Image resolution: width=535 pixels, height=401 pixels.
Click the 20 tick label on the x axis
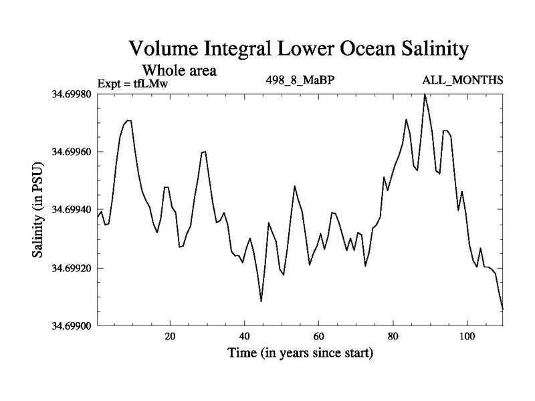click(170, 336)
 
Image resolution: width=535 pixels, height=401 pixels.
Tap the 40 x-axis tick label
click(244, 336)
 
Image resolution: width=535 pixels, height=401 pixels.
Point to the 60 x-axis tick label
click(318, 336)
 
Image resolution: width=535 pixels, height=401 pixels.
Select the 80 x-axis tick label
click(393, 336)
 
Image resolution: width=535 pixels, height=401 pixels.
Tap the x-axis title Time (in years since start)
click(299, 352)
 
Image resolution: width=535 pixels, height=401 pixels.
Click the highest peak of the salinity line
click(425, 95)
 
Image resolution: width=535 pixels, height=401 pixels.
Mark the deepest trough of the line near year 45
click(261, 301)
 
